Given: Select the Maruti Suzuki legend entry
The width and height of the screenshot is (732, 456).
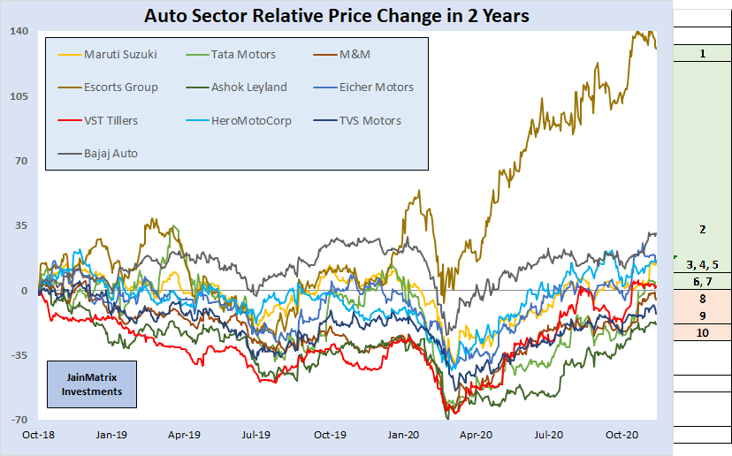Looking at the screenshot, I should [119, 55].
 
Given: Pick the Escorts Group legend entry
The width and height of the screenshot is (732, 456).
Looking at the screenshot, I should [120, 87].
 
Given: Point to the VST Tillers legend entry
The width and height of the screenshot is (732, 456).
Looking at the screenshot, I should [111, 120].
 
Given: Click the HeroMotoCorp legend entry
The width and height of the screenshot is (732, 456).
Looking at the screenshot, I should [250, 120].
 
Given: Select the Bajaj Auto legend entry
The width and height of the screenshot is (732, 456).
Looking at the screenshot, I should [111, 153].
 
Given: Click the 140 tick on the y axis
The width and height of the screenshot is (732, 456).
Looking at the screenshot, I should [19, 32].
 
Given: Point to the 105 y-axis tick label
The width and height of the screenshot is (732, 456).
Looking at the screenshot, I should [19, 96].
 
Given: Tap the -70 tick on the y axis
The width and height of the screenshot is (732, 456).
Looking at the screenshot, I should [19, 420].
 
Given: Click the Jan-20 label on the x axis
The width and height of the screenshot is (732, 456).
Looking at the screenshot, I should [404, 435].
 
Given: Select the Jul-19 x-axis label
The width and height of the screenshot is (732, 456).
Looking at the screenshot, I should [256, 435].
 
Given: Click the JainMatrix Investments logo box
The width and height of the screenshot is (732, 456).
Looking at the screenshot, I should [93, 384].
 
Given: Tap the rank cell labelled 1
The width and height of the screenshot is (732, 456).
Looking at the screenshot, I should [702, 54].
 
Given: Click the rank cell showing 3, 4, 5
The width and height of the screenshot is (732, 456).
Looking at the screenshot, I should [702, 264].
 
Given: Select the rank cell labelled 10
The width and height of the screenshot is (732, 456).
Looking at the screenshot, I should [702, 332].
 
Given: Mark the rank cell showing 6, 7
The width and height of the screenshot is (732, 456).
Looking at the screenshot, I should [702, 281].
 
